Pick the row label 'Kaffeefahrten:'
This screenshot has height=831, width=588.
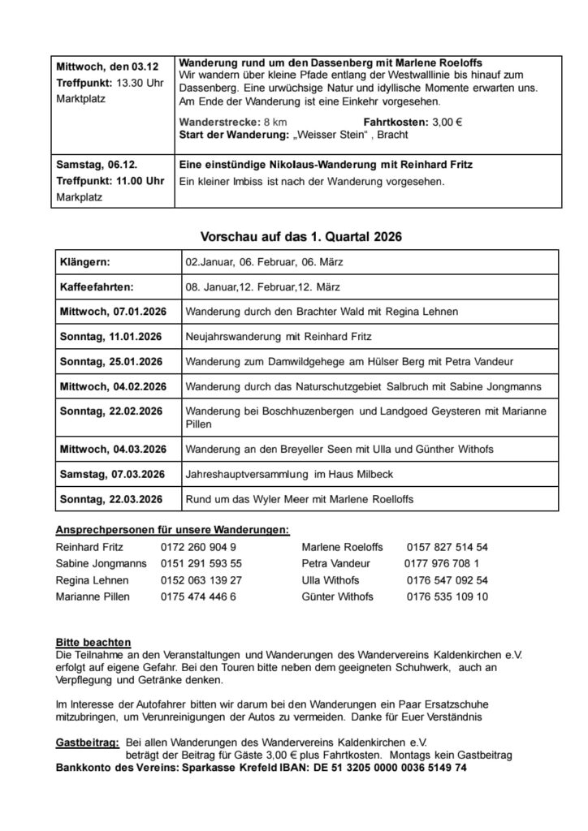point(96,287)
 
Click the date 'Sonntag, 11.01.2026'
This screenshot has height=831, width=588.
point(110,336)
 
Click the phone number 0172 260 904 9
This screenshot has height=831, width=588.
point(198,547)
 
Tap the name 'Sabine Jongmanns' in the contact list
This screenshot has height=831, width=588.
point(101,563)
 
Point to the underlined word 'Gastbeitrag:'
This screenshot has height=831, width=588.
point(88,742)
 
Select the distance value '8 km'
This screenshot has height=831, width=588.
point(275,122)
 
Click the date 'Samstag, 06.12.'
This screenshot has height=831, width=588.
point(89,164)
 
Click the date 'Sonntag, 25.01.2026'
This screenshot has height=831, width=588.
point(110,361)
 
